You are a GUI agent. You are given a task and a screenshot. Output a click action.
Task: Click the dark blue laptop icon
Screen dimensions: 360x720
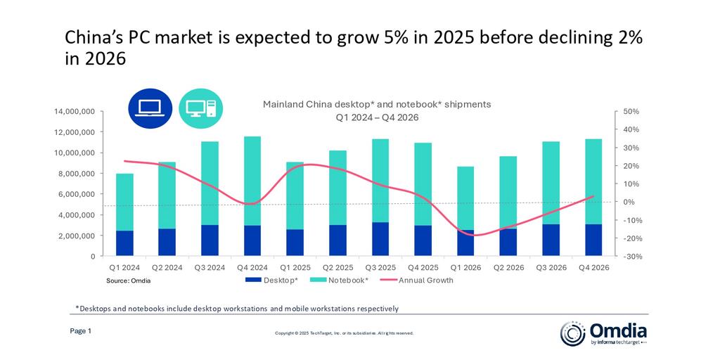pyautogui.click(x=149, y=108)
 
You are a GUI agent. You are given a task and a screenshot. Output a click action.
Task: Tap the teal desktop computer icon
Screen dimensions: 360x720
pyautogui.click(x=201, y=108)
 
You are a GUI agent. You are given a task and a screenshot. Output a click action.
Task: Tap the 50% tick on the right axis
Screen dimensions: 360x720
pyautogui.click(x=630, y=112)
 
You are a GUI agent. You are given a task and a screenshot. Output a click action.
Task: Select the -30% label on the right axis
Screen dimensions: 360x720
pyautogui.click(x=629, y=257)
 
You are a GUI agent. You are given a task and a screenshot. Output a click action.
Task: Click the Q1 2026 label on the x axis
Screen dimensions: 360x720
pyautogui.click(x=465, y=267)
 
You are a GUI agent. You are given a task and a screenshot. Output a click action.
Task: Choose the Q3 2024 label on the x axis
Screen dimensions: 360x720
pyautogui.click(x=210, y=267)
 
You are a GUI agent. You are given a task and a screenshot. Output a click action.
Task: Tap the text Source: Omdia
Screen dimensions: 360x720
pyautogui.click(x=129, y=281)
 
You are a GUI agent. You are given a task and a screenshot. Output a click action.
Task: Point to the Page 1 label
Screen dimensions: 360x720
pyautogui.click(x=80, y=331)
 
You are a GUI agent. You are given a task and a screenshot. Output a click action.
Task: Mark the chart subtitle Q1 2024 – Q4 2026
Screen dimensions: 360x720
pyautogui.click(x=377, y=117)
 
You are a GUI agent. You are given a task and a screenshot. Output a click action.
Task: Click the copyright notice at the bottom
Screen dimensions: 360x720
pyautogui.click(x=344, y=333)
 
